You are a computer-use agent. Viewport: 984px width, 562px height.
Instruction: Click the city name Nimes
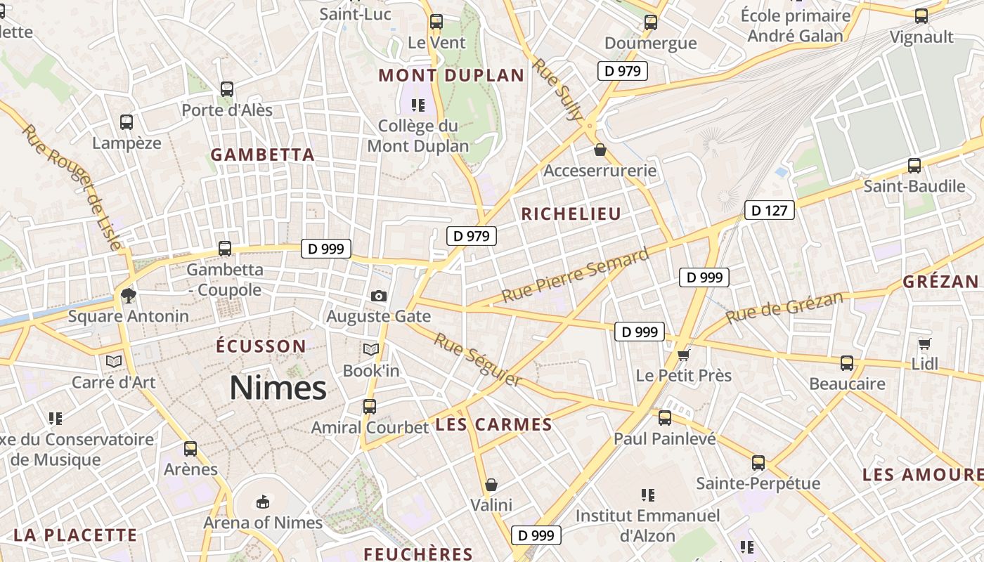coord(278,388)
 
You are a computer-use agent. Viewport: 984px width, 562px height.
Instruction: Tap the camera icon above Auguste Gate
coord(379,296)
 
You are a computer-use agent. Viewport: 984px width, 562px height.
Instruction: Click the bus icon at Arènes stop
coord(190,449)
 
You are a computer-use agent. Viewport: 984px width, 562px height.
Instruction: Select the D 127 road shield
coord(770,210)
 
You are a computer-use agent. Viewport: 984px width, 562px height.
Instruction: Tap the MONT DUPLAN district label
coord(451,76)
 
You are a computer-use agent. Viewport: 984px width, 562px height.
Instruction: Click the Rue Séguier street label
coord(477,360)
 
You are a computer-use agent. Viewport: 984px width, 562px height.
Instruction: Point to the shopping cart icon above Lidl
coord(924,344)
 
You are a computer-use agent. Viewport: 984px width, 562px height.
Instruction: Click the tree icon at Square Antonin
coord(128,295)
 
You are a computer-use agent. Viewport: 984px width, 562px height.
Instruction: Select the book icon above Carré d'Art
coord(113,362)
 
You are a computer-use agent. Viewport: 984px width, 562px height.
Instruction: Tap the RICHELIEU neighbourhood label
coord(571,214)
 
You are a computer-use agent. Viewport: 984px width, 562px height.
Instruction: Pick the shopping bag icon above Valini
coord(491,485)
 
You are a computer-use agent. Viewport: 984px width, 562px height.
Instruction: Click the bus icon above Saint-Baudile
coord(914,166)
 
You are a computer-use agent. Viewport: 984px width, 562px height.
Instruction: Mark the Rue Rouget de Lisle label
coord(72,186)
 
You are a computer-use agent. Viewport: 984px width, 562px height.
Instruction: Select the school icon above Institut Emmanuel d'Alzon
coord(648,495)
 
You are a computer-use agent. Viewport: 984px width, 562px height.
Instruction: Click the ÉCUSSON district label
coord(261,346)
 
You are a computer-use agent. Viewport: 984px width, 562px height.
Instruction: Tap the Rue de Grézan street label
coord(784,308)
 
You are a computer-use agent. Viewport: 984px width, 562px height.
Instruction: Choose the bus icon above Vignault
coord(921,16)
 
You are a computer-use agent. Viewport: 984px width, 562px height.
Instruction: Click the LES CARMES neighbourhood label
coord(493,425)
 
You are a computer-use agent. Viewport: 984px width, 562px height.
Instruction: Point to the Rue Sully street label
coord(556,89)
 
